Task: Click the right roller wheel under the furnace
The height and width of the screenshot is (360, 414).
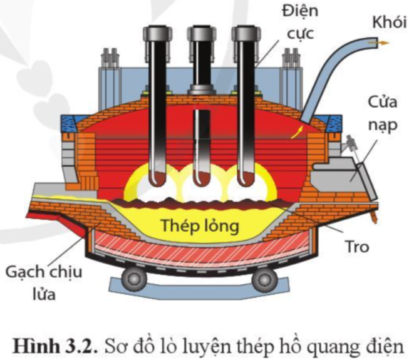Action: pos(262,276)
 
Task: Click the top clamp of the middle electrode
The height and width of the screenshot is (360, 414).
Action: pos(200,34)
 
